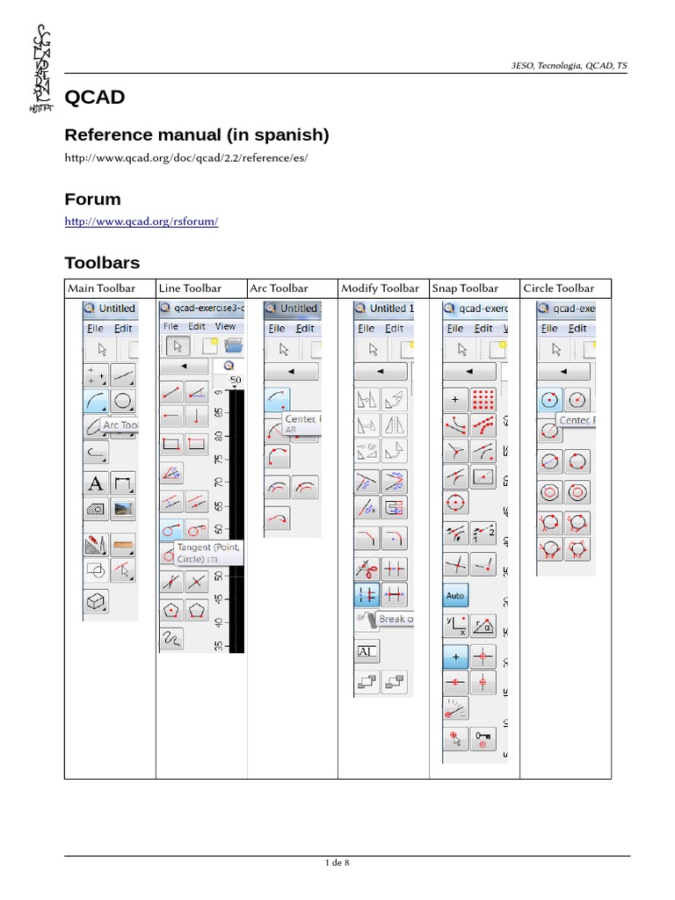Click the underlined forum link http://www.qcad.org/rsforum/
[x=141, y=221]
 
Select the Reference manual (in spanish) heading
[x=197, y=134]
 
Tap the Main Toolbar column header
[x=102, y=288]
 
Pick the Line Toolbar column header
[x=190, y=288]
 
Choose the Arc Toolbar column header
[x=279, y=288]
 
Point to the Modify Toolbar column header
[x=380, y=288]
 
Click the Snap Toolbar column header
[x=465, y=288]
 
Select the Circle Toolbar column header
[x=558, y=288]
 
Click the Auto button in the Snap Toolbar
[x=455, y=596]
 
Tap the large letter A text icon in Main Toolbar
[x=96, y=483]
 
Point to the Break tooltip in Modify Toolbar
[x=394, y=620]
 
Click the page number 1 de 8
[x=337, y=863]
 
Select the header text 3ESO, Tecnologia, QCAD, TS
[x=569, y=66]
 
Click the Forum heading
[x=92, y=199]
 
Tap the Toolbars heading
[x=102, y=262]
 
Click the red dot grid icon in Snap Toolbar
[x=483, y=400]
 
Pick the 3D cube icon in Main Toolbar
[x=95, y=601]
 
